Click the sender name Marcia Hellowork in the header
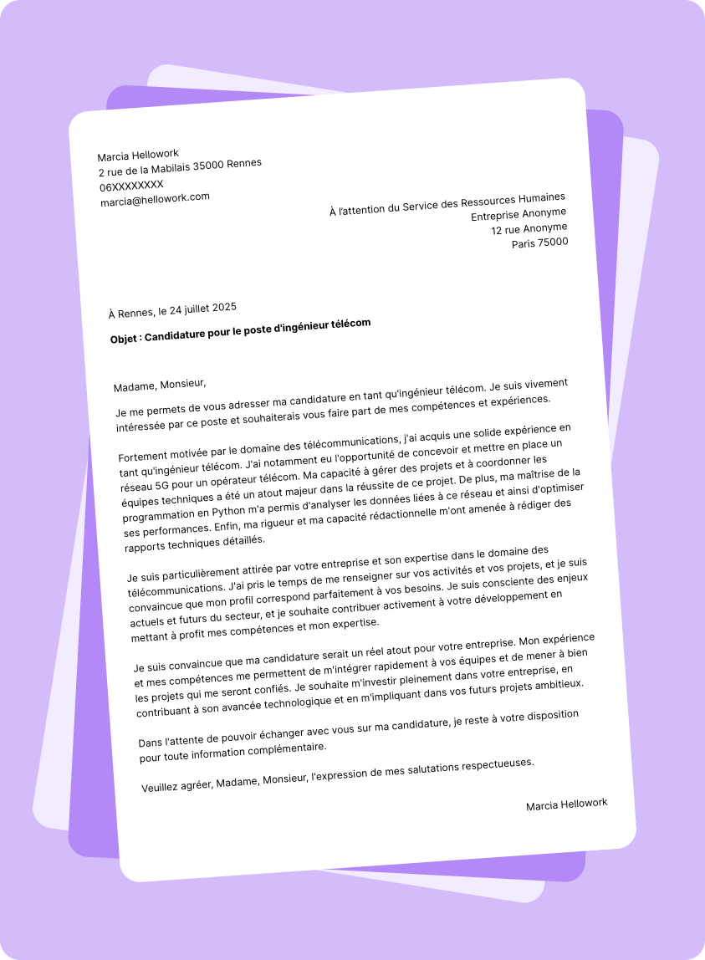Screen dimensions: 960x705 tap(138, 156)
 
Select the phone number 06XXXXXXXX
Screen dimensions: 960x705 tap(132, 186)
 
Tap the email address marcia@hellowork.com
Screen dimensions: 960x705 tap(155, 200)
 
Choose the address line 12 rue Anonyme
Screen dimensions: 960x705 tap(529, 228)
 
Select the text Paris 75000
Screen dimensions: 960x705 tap(540, 243)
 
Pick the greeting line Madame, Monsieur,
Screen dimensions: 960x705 tap(160, 386)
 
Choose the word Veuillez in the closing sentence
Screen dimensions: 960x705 tap(162, 787)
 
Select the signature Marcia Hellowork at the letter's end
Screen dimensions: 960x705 tap(566, 804)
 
